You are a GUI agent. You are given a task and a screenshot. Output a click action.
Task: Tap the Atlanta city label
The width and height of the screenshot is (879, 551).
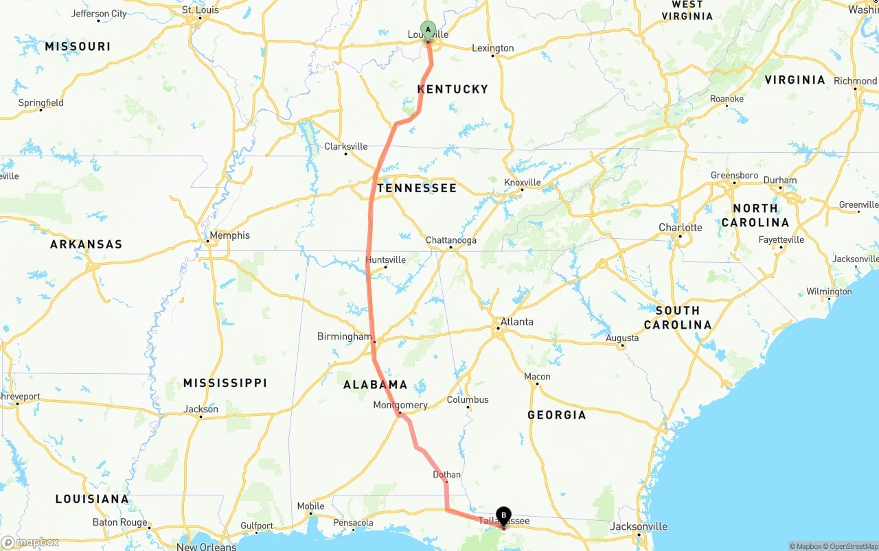coord(516,321)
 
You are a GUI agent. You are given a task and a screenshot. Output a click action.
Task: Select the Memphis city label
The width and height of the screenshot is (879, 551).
coord(229,235)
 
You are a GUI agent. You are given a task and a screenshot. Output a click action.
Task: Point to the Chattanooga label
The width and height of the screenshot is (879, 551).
coord(450,240)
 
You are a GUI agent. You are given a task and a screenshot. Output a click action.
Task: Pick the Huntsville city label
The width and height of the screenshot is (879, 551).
coord(385,260)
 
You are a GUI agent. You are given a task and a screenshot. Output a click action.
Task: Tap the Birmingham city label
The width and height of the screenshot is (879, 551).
coord(344,336)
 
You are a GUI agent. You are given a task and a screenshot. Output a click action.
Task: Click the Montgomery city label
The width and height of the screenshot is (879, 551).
coord(400,405)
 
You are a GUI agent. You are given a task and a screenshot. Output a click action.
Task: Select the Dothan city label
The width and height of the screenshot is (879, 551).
coord(446,474)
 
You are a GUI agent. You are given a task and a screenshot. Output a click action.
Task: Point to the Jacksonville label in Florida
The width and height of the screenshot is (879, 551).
coord(639,526)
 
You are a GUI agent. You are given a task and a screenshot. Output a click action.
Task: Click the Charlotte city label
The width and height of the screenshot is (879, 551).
coord(680,228)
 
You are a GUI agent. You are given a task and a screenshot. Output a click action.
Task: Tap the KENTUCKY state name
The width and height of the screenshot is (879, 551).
coord(453,89)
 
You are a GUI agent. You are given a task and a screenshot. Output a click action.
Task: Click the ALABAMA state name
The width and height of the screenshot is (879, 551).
coord(375,385)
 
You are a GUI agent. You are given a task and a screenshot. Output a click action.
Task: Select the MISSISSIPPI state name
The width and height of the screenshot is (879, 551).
coord(225,383)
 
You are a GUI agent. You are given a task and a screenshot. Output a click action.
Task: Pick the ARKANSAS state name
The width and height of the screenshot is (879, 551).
coord(86,244)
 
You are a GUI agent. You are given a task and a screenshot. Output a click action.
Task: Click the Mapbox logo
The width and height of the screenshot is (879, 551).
coord(30,543)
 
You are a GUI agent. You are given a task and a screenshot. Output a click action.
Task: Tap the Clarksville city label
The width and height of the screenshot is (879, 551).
coord(345,146)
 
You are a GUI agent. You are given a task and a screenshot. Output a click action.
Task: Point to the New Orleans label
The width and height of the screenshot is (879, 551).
coord(206,546)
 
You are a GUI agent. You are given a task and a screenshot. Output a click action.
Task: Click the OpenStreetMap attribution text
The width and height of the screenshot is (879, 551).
coord(852,546)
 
